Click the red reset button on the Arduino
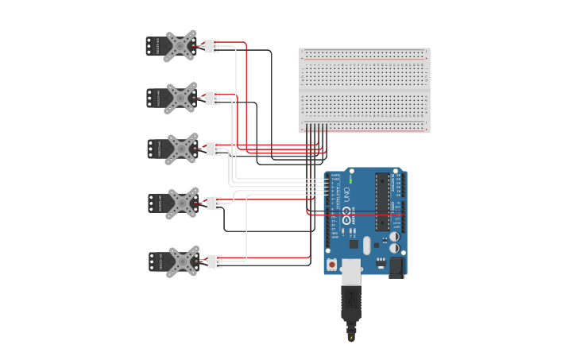tap(331, 263)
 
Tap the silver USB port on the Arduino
tap(350, 269)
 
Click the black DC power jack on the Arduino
tap(396, 268)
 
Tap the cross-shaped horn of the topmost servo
tap(181, 46)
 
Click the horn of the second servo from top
tap(182, 98)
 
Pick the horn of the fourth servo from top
tap(184, 203)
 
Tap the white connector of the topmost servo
tap(211, 46)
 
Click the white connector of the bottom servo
tap(215, 261)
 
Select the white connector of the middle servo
tap(213, 149)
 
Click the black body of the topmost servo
tap(154, 46)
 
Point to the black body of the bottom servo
tap(157, 261)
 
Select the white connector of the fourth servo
tap(214, 203)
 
